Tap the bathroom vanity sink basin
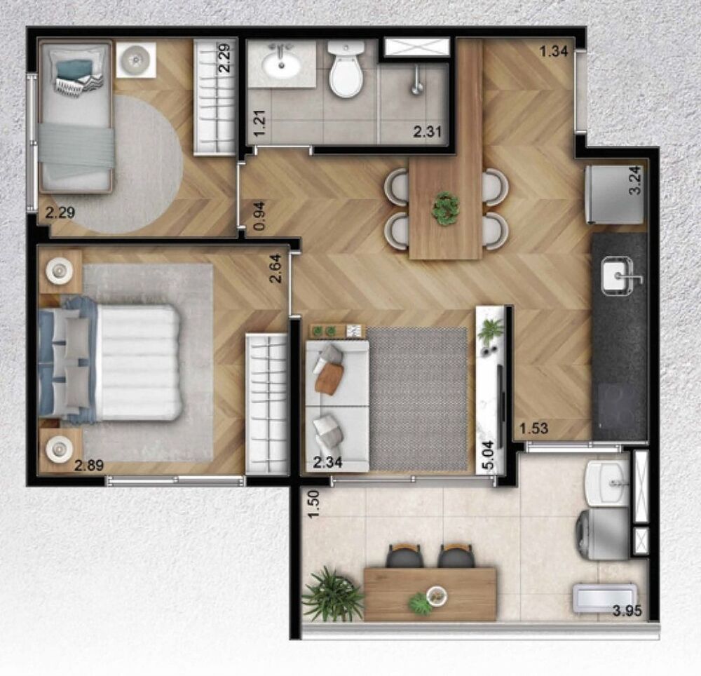point(282,65)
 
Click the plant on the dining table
point(445,208)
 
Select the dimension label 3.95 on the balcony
point(627,610)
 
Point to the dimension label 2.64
point(276,269)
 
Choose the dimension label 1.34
point(553,51)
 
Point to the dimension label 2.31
point(428,130)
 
